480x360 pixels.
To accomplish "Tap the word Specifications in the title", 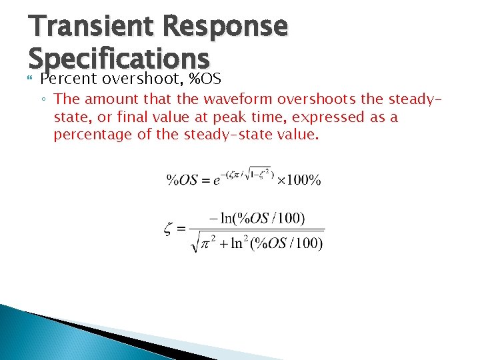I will pyautogui.click(x=119, y=59).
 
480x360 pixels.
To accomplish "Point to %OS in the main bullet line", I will pyautogui.click(x=205, y=79).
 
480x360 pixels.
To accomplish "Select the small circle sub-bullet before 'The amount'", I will pyautogui.click(x=43, y=100).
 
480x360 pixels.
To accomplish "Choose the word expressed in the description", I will pyautogui.click(x=326, y=117).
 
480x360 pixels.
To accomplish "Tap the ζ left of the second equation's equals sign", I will pyautogui.click(x=169, y=230).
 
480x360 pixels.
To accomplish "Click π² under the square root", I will pyautogui.click(x=208, y=243).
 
